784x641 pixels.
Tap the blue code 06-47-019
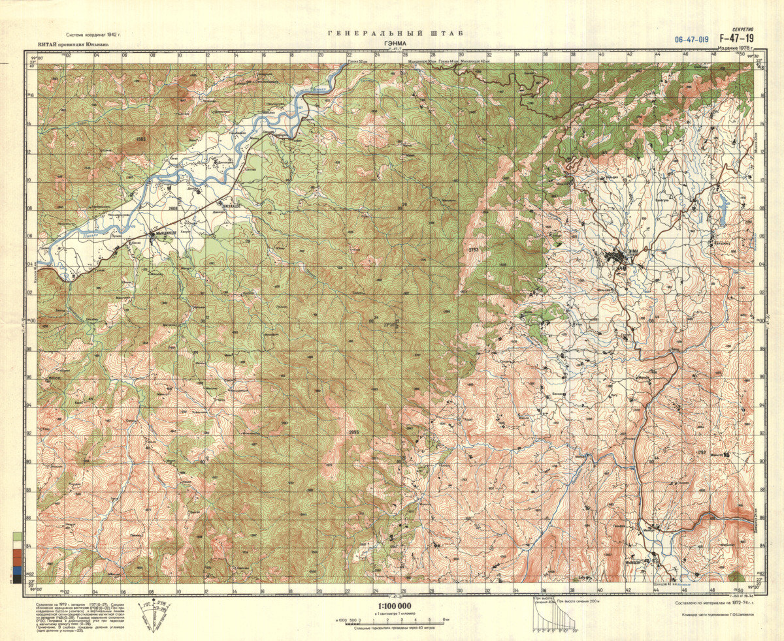[692, 40]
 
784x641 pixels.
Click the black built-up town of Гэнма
[619, 257]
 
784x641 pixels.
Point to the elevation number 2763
[473, 250]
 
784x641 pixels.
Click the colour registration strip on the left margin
[16, 557]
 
